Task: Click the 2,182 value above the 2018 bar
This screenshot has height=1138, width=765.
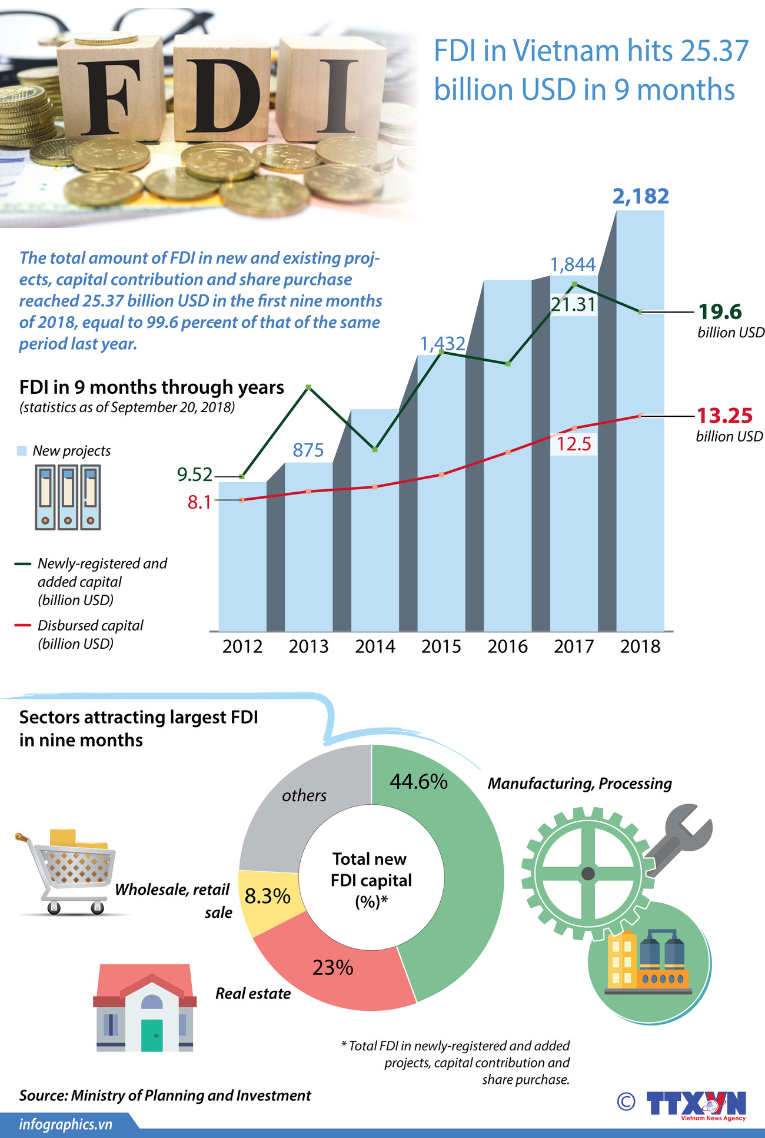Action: pyautogui.click(x=640, y=196)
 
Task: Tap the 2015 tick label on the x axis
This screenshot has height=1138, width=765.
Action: pyautogui.click(x=441, y=646)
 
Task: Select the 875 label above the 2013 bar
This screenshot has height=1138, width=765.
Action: pyautogui.click(x=308, y=450)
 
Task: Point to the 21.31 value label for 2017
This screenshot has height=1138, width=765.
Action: pyautogui.click(x=573, y=304)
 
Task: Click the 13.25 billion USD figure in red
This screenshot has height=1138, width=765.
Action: pyautogui.click(x=724, y=416)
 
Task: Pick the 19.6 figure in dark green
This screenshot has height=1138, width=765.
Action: pyautogui.click(x=720, y=311)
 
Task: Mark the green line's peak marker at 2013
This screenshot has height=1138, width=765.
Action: pyautogui.click(x=308, y=387)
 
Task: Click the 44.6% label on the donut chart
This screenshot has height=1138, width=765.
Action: pyautogui.click(x=418, y=781)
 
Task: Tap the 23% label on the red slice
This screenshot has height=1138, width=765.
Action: pyautogui.click(x=332, y=967)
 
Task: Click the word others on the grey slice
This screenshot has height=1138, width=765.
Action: pyautogui.click(x=304, y=795)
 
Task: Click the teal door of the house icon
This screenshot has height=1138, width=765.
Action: pyautogui.click(x=152, y=1035)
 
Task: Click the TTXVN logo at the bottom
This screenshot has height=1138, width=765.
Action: pyautogui.click(x=696, y=1104)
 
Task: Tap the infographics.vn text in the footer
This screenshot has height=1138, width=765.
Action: pyautogui.click(x=65, y=1124)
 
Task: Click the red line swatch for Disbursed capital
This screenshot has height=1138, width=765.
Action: pyautogui.click(x=22, y=625)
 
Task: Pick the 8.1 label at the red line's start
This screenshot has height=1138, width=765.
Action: pyautogui.click(x=199, y=502)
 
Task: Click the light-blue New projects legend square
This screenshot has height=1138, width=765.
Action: pyautogui.click(x=22, y=451)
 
